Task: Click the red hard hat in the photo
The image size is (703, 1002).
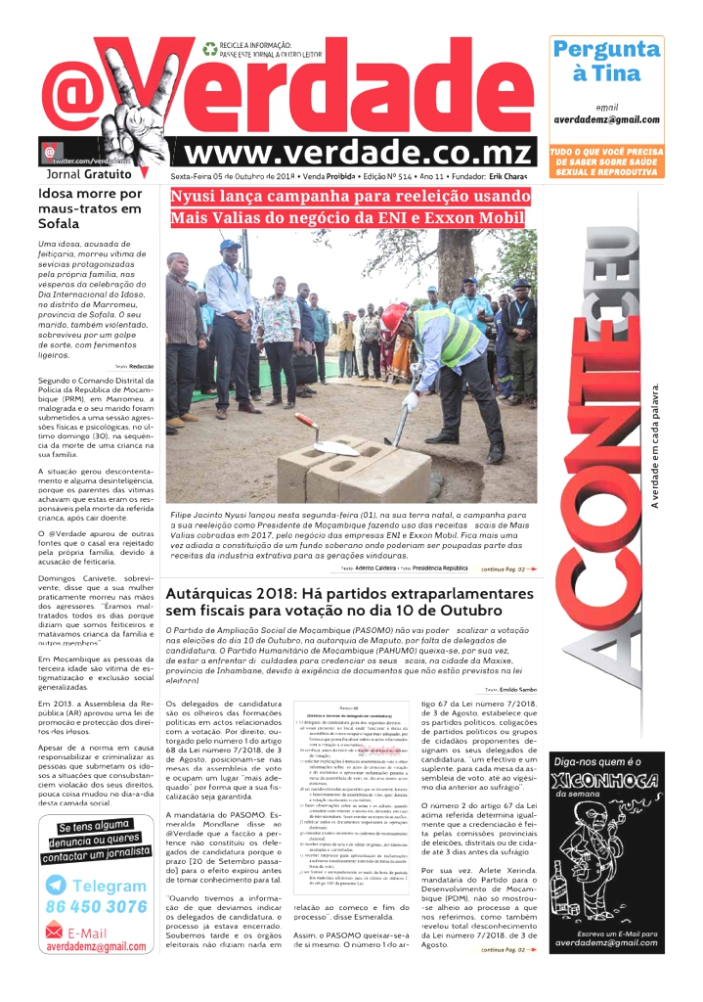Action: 393,318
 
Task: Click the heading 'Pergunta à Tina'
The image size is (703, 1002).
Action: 606,61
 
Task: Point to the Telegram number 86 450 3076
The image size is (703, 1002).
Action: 96,906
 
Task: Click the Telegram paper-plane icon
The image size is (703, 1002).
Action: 57,885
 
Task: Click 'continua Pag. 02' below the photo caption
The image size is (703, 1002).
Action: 508,569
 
